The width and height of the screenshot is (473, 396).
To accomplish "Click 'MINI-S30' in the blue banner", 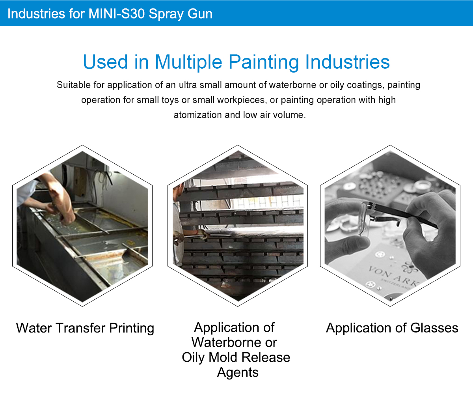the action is pyautogui.click(x=116, y=13).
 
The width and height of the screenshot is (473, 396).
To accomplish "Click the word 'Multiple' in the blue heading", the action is pyautogui.click(x=188, y=62).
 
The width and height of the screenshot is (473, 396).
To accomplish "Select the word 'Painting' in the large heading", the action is pyautogui.click(x=264, y=62).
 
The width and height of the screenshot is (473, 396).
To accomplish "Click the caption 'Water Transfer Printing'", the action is pyautogui.click(x=85, y=328).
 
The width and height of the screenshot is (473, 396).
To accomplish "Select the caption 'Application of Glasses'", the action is pyautogui.click(x=392, y=328).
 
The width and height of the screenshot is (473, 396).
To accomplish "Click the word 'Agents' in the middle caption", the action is pyautogui.click(x=238, y=372).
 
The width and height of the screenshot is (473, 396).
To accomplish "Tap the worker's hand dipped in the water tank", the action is pyautogui.click(x=67, y=217).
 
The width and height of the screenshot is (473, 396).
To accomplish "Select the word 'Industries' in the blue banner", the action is pyautogui.click(x=36, y=13).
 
